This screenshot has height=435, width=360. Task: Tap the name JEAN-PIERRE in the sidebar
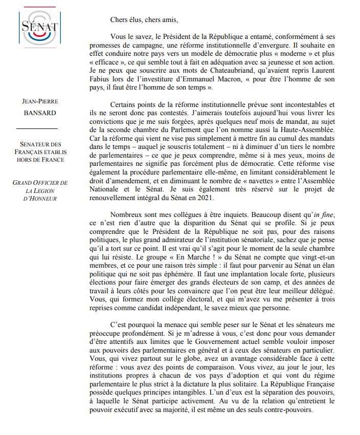tap(41, 101)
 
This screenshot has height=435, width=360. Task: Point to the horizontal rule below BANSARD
tap(41, 128)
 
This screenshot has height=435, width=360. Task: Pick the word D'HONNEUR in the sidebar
tap(41, 199)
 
